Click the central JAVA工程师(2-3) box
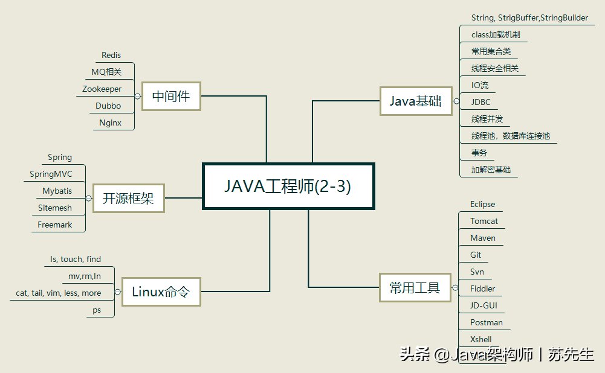tap(288, 186)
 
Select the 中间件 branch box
tap(171, 96)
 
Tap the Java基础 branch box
tap(415, 101)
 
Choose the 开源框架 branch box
tap(128, 198)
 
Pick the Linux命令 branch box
tap(161, 292)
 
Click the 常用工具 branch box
tap(415, 288)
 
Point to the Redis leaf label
tap(111, 56)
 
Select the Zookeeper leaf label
tap(102, 89)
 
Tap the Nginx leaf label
tap(111, 123)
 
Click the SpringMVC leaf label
tap(51, 174)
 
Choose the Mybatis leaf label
tap(57, 191)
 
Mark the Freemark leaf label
tap(55, 225)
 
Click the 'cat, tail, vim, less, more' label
tap(59, 293)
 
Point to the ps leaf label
tap(97, 310)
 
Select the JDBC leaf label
tap(480, 102)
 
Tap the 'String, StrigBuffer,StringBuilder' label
tap(529, 18)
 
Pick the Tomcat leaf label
tap(484, 222)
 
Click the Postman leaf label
tap(487, 323)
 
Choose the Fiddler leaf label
tap(483, 289)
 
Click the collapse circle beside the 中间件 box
tap(138, 96)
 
